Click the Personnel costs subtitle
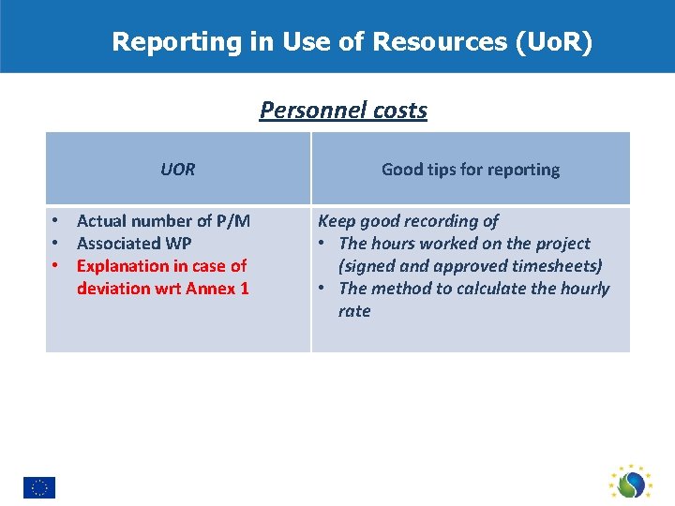343,111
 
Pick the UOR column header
177,170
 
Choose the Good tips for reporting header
470,170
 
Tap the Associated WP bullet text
134,244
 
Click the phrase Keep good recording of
408,221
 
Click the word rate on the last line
354,311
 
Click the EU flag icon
39,487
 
